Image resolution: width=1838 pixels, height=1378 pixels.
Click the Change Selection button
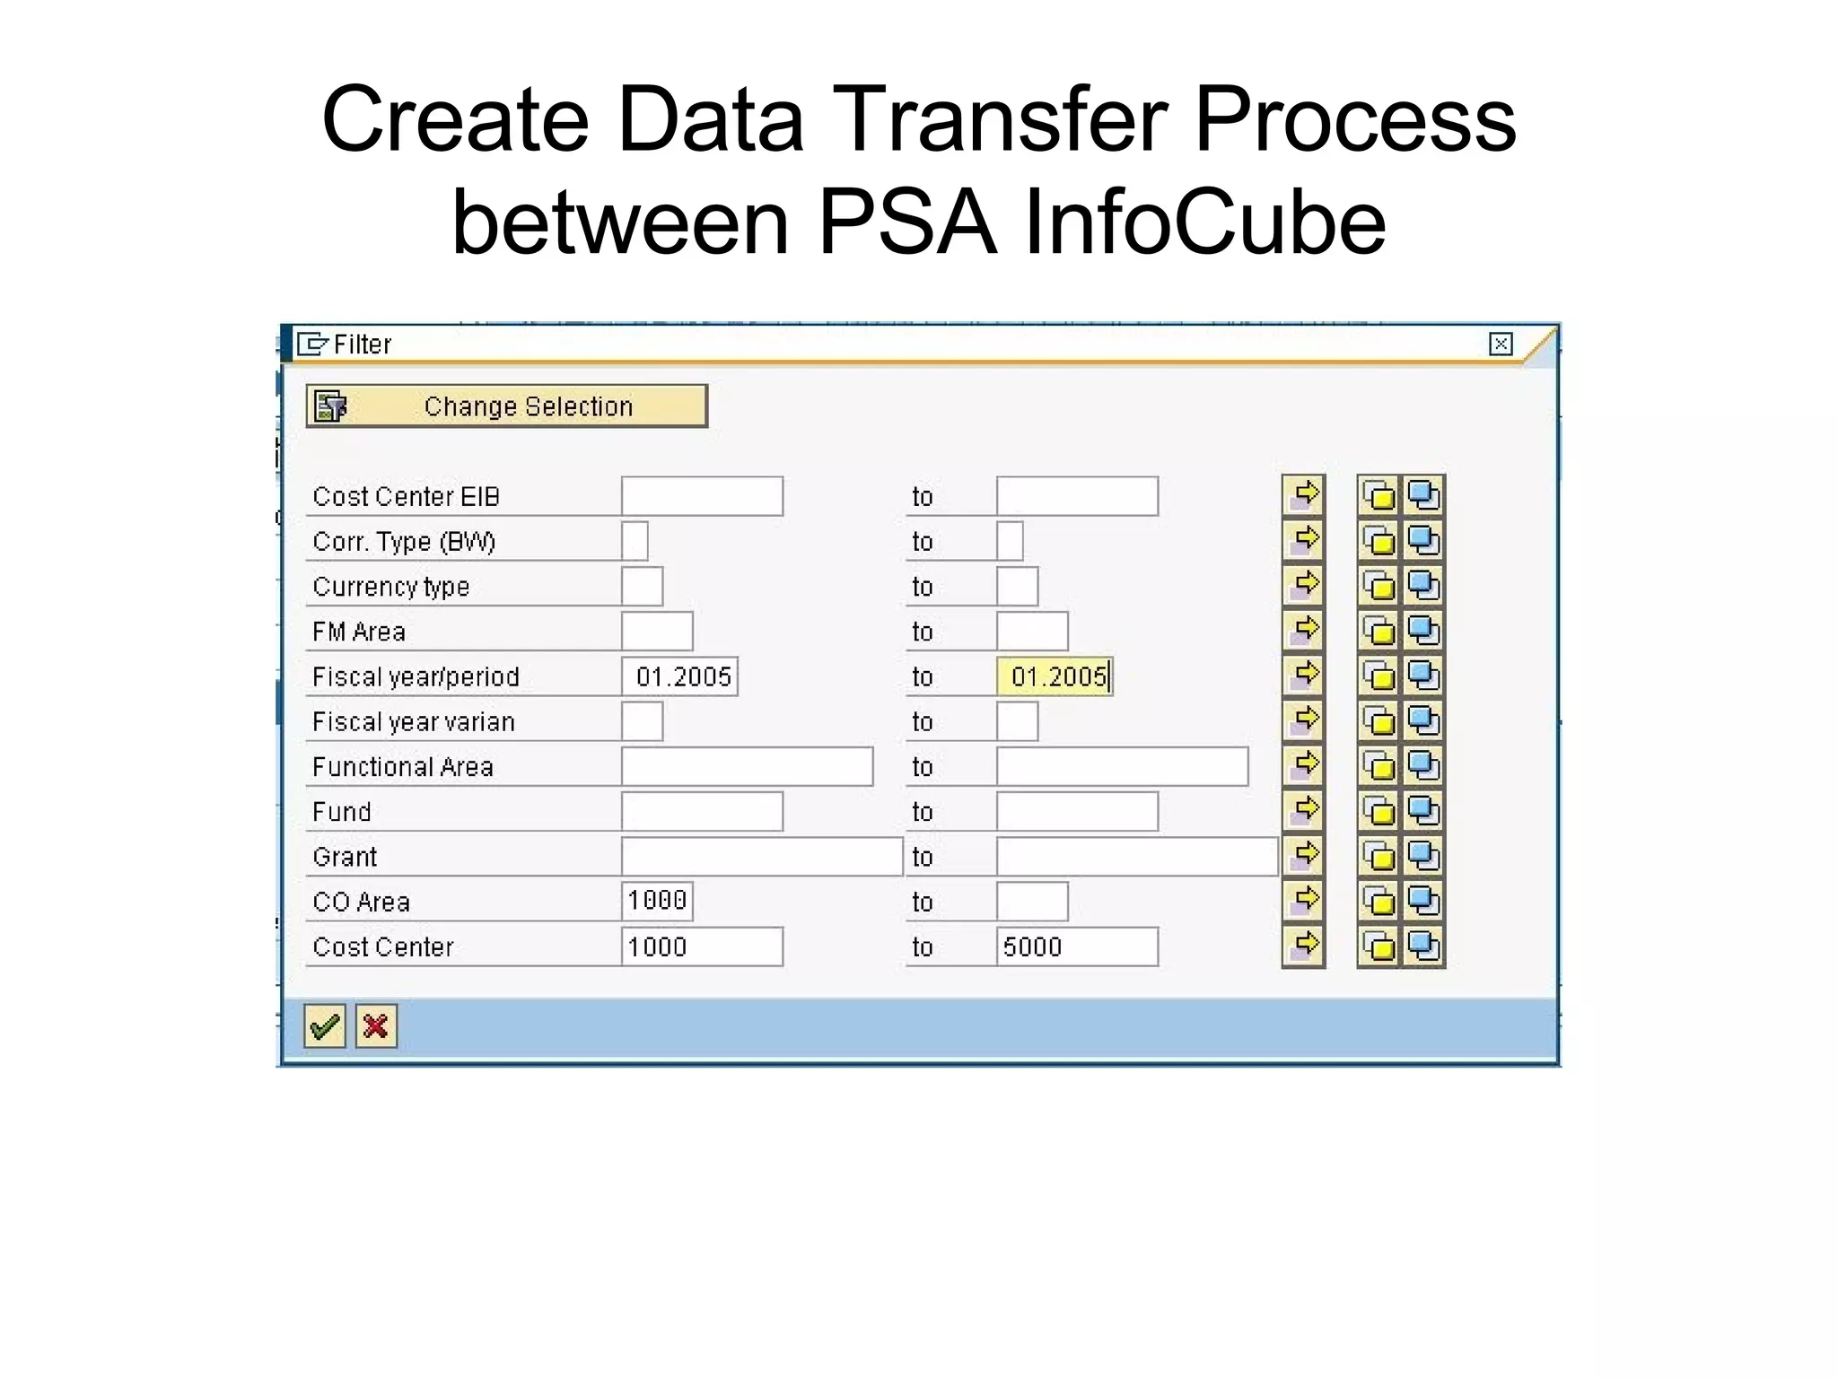[506, 406]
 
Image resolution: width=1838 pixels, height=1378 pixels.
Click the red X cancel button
[376, 1025]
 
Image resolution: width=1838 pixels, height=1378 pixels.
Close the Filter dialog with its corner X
[1501, 344]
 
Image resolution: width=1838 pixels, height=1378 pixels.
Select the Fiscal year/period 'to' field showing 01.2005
[1055, 676]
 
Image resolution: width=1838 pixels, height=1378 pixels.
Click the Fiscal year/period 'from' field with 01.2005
[679, 676]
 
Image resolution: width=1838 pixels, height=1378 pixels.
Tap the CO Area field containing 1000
[657, 901]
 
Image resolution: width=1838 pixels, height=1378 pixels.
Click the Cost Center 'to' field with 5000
[1077, 946]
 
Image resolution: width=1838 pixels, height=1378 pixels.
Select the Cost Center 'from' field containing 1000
[702, 946]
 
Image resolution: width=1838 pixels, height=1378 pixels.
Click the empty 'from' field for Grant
[761, 857]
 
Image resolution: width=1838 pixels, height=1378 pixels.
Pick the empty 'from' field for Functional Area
[747, 766]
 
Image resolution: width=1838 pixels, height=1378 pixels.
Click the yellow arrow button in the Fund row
[1304, 811]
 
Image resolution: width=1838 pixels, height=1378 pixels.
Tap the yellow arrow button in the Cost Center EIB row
[1304, 495]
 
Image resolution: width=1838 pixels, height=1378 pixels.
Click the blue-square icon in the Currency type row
[1423, 586]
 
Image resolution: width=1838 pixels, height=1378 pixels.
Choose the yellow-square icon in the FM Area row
[1379, 631]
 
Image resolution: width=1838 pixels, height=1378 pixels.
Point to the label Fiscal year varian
[414, 722]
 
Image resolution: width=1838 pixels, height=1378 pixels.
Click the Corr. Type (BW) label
[404, 542]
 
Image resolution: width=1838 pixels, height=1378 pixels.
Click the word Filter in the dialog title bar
[363, 344]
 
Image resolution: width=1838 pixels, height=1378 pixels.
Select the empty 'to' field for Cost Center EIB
[1077, 496]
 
